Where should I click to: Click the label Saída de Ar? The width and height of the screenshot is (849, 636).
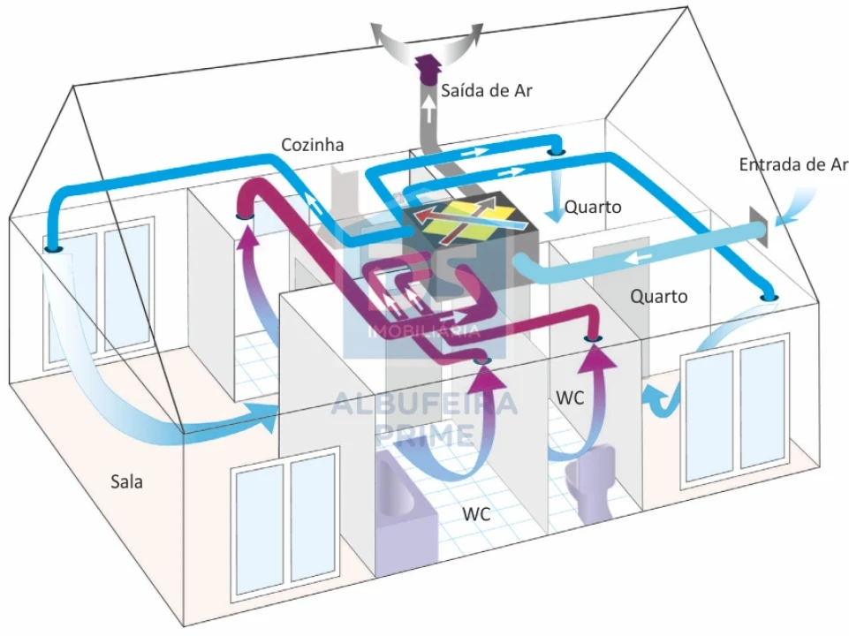486,90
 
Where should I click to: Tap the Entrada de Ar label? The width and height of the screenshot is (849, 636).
793,164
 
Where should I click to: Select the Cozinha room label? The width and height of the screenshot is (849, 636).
313,145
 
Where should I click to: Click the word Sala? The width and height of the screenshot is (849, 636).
126,481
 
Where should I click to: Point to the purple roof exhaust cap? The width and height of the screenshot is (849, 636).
428,71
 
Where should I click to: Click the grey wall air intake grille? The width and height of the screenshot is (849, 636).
759,227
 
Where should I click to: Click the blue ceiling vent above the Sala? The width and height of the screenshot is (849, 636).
53,249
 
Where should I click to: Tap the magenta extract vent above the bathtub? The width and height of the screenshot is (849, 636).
481,360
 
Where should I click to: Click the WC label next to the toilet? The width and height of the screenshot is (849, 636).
570,397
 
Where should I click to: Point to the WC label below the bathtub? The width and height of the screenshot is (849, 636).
476,514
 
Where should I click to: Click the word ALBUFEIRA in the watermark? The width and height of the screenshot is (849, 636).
424,404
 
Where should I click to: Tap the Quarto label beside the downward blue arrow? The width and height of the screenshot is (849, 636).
593,208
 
